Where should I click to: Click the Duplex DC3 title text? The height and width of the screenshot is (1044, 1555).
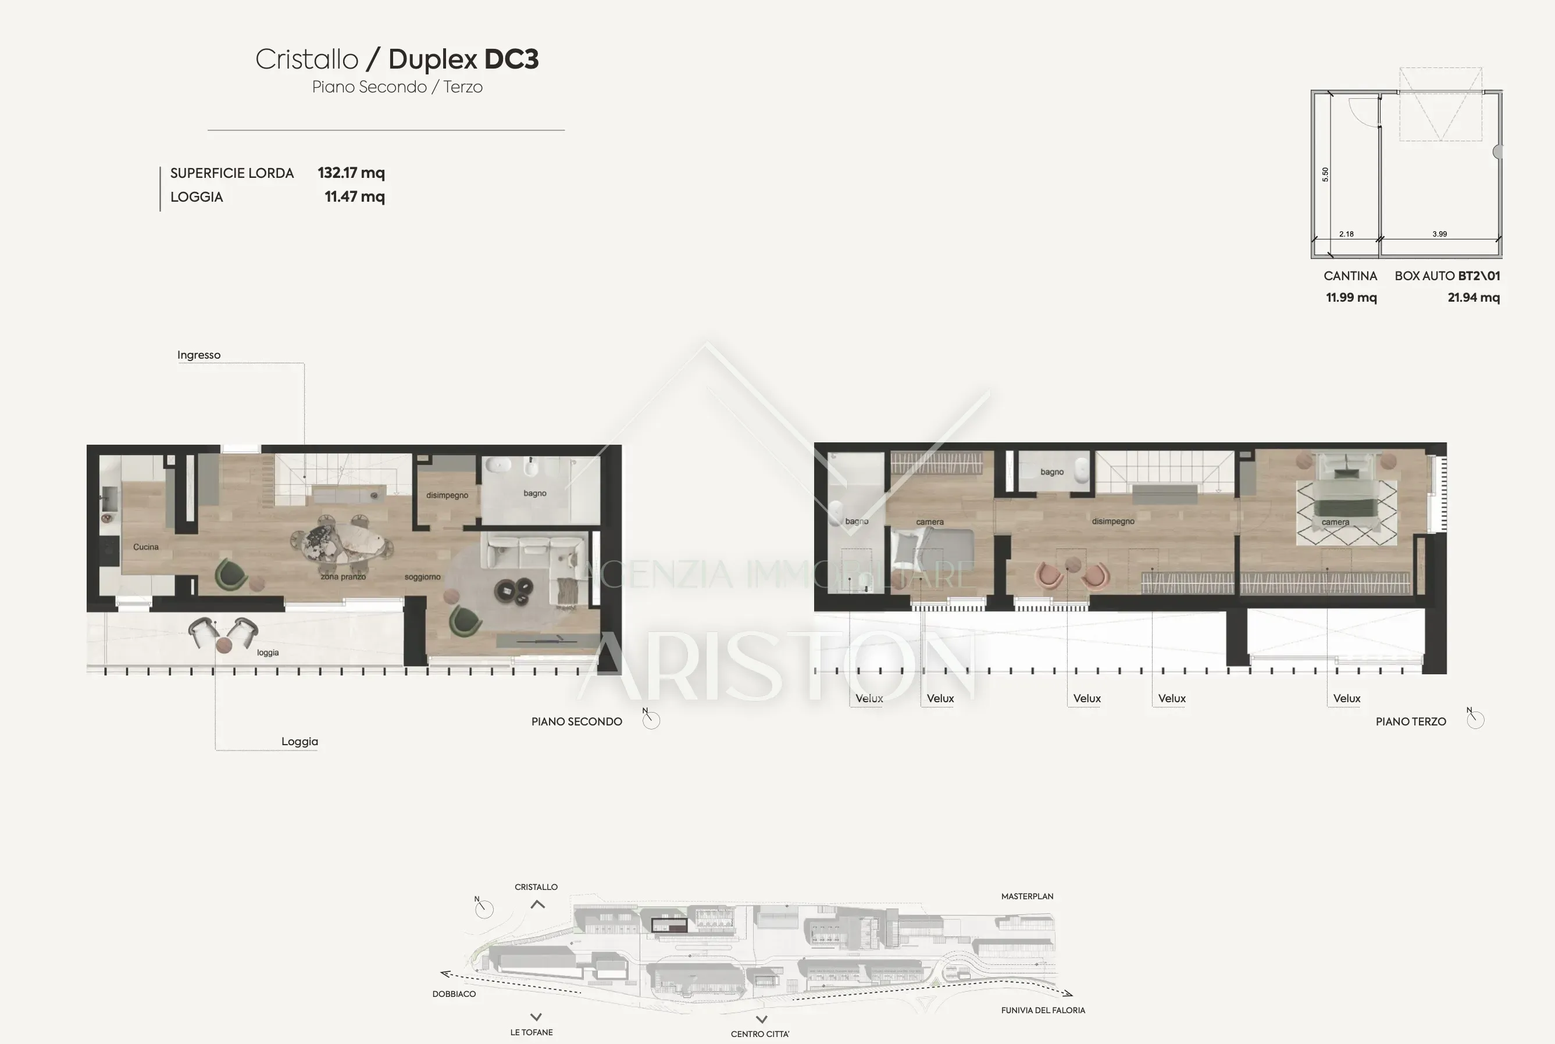[x=463, y=60]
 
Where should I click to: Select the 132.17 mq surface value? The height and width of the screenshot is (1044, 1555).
[x=351, y=173]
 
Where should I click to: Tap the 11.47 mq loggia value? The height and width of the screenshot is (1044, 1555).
[x=354, y=197]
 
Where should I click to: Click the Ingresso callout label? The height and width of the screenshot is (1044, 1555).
[x=198, y=355]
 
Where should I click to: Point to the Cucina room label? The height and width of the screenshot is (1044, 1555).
[x=146, y=546]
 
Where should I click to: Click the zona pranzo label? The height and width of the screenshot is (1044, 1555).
[x=343, y=577]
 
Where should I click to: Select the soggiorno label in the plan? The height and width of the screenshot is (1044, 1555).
[x=422, y=577]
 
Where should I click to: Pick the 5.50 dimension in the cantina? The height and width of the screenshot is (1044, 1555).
[x=1325, y=174]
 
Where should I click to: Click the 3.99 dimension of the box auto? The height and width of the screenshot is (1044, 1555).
[x=1440, y=234]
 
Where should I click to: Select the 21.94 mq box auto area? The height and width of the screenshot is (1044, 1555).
[x=1474, y=298]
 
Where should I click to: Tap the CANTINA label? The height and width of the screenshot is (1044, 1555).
[x=1350, y=276]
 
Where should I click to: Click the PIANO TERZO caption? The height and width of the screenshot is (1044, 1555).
[x=1410, y=722]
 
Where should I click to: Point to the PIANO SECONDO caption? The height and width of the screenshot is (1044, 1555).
[x=577, y=722]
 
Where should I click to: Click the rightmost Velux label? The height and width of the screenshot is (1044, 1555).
[x=1347, y=699]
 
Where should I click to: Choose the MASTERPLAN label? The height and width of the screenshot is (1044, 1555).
[x=1027, y=896]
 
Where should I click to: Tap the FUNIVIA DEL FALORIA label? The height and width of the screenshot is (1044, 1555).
[x=1043, y=1010]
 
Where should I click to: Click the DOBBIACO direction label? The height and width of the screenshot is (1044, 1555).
[x=454, y=994]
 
